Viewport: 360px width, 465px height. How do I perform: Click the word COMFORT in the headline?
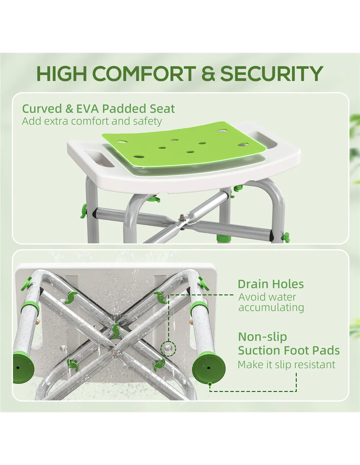point(144,73)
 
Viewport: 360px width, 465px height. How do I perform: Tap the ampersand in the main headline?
point(208,73)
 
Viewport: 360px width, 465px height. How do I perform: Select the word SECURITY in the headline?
point(272,73)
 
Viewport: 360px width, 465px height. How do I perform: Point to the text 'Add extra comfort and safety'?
point(92,121)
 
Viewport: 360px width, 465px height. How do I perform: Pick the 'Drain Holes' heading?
point(271,284)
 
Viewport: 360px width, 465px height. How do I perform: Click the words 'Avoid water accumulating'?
point(271,302)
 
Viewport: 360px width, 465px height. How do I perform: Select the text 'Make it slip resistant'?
point(287,364)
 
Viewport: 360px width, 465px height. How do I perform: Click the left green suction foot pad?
point(23,369)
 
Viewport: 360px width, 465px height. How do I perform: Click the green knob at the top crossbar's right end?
point(286,237)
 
